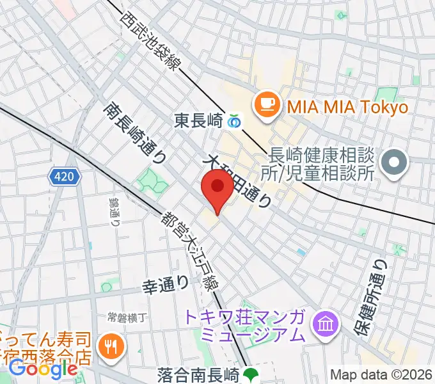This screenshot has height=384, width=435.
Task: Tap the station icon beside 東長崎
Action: pyautogui.click(x=235, y=120)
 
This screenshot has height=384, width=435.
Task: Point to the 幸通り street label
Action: pyautogui.click(x=166, y=282)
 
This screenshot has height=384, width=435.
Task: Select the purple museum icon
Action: pyautogui.click(x=326, y=325)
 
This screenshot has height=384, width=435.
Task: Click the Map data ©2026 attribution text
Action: pyautogui.click(x=381, y=375)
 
